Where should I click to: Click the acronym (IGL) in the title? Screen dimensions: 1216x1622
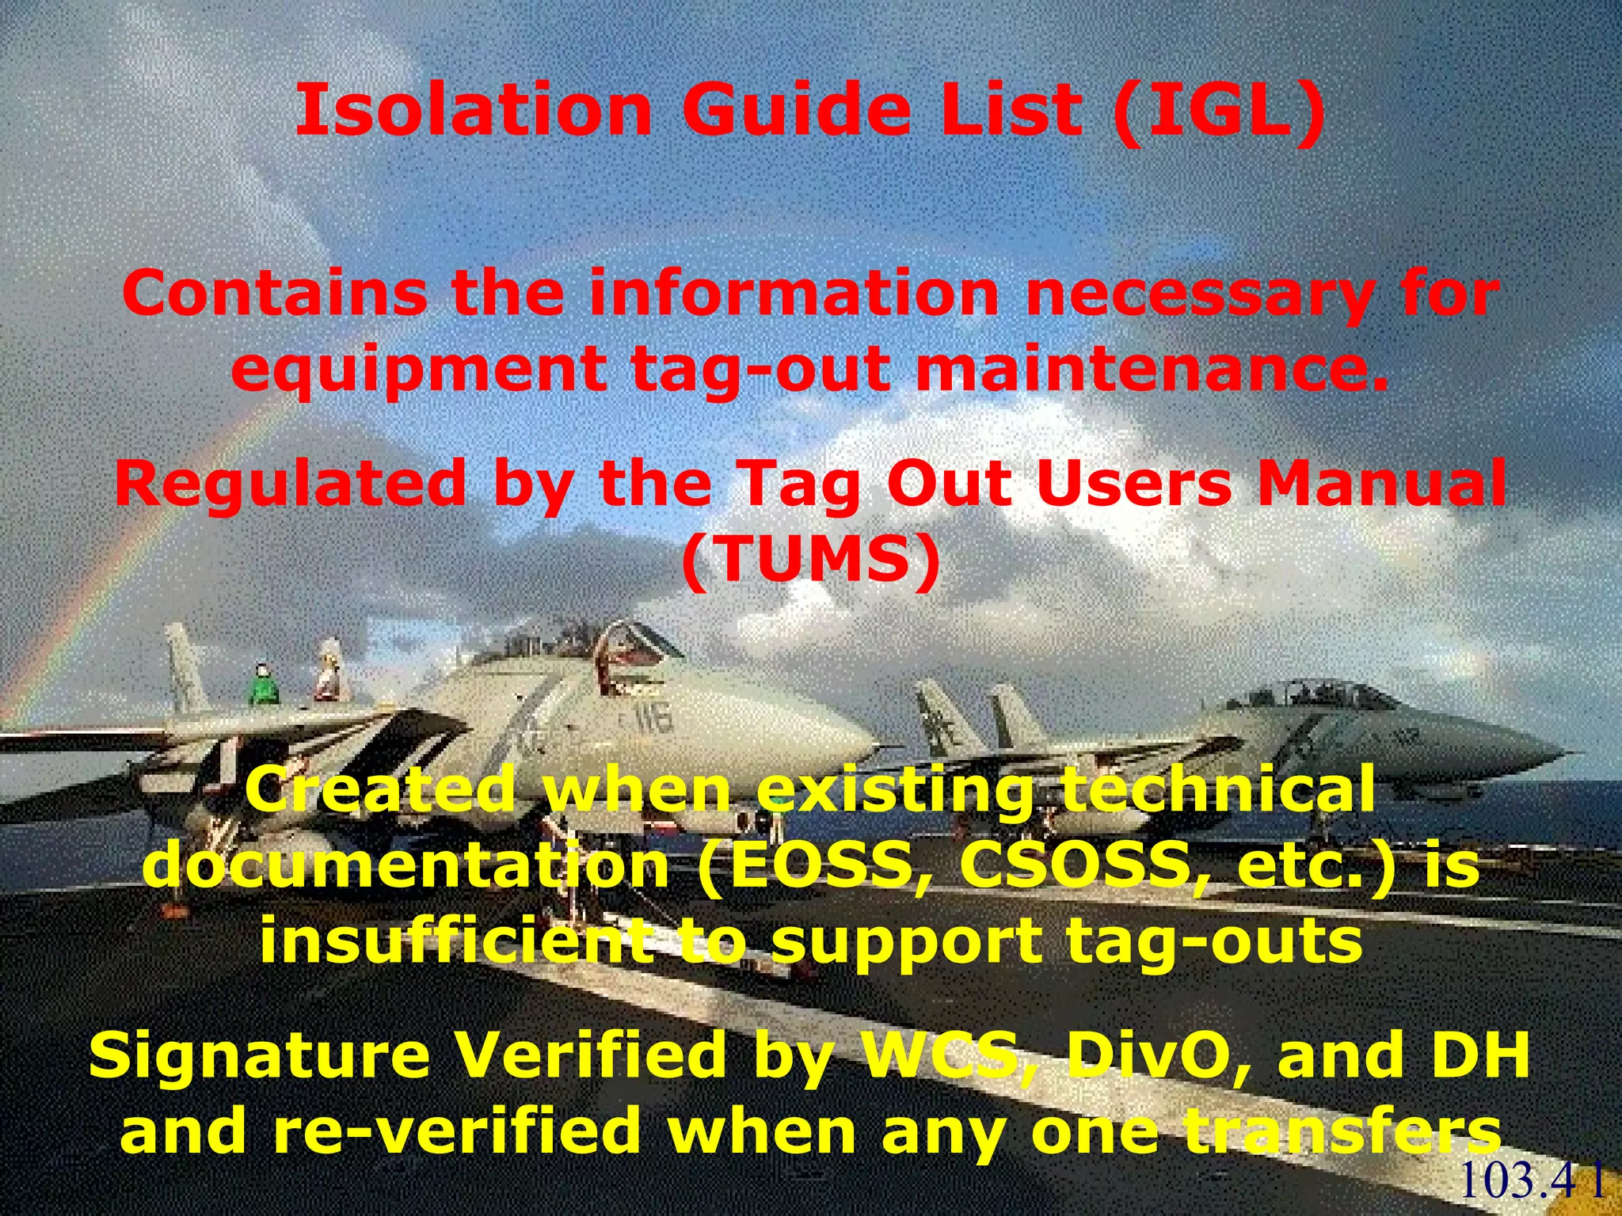(x=1218, y=111)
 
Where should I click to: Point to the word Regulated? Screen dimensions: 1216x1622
(x=290, y=484)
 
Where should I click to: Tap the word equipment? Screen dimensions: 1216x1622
(x=419, y=370)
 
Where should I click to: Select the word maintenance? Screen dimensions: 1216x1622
(x=1152, y=369)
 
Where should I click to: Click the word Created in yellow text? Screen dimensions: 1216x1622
(x=381, y=790)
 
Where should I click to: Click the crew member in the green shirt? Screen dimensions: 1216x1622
(x=264, y=686)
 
